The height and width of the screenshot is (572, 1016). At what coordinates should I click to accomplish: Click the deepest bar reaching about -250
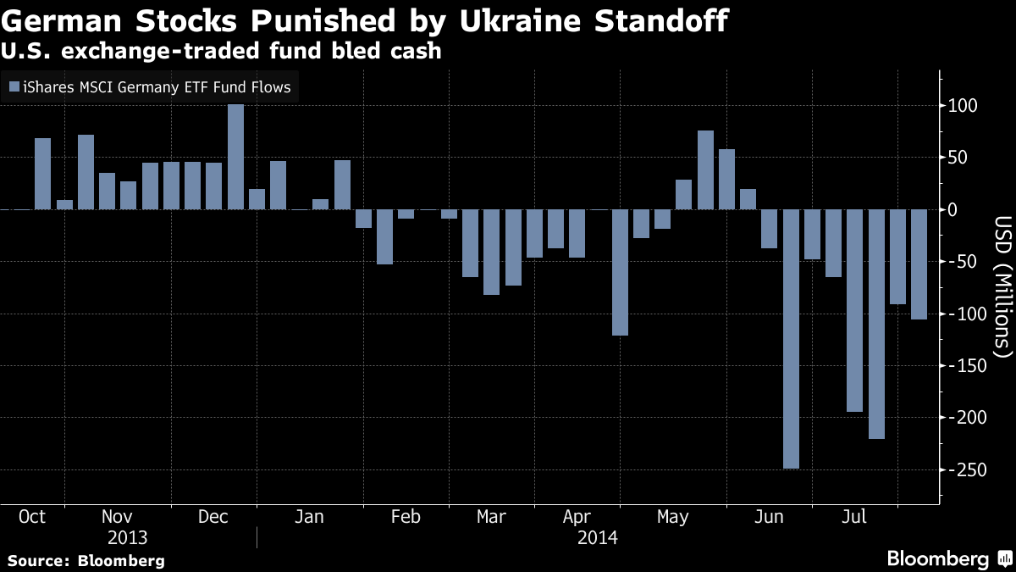tap(791, 339)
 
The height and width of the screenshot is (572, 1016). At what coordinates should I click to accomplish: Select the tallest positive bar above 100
tap(235, 157)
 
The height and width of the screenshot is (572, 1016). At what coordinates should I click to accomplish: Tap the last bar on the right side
tap(919, 264)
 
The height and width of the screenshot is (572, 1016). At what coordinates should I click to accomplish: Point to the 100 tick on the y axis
tap(962, 106)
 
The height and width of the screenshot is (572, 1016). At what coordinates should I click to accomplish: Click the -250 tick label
tap(966, 470)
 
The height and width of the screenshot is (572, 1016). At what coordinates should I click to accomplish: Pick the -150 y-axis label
tap(966, 366)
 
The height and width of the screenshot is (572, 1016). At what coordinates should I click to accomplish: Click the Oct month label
tap(31, 517)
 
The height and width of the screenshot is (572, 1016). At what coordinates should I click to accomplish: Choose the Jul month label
tap(855, 517)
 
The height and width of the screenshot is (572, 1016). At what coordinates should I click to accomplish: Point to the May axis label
tap(672, 517)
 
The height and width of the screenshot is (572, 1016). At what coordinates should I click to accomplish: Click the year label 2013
tap(128, 538)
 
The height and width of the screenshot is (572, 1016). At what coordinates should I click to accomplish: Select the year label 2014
tap(597, 538)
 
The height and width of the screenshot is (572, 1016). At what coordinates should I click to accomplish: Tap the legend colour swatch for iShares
tap(13, 86)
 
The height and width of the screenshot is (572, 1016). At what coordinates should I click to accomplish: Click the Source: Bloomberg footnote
tap(86, 560)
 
